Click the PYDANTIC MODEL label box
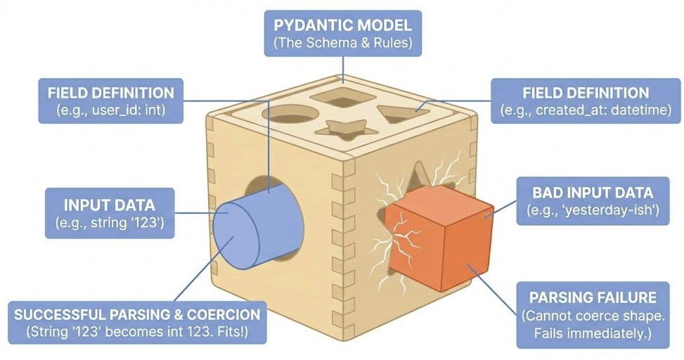coord(342,33)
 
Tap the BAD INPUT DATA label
coord(593,200)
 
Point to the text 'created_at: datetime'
coord(607,110)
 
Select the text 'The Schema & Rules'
coord(342,43)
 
